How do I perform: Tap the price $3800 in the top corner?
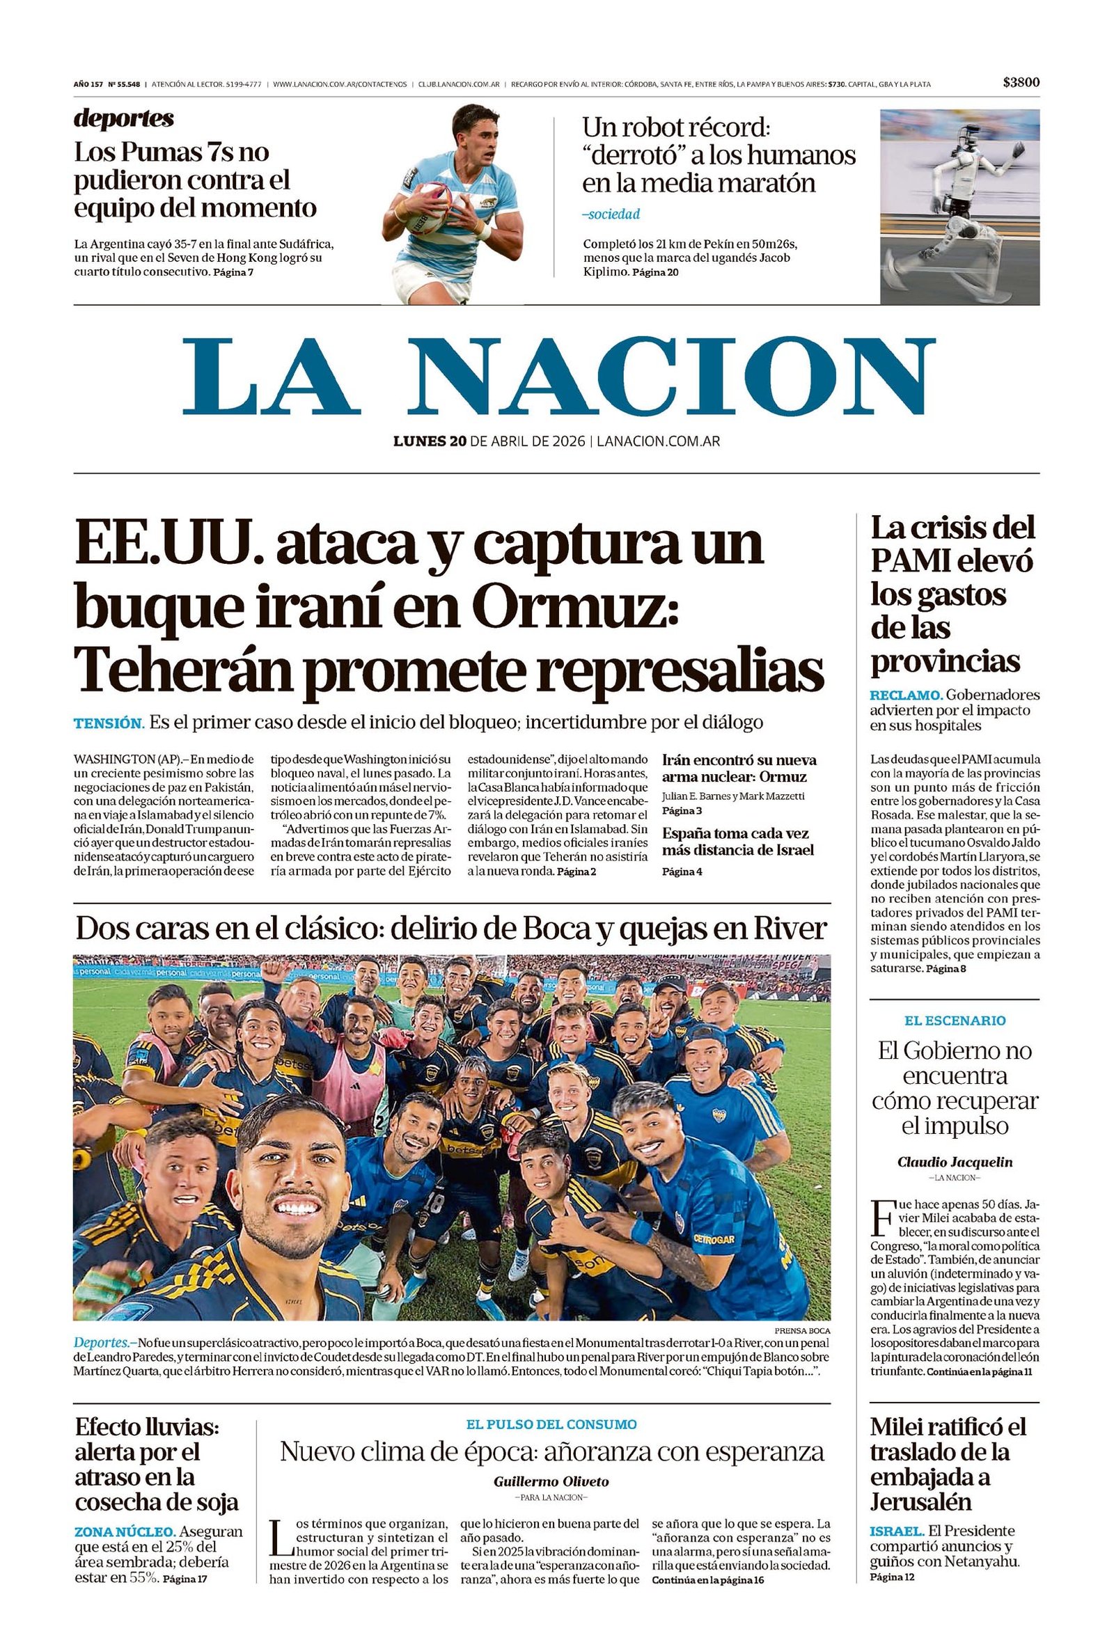pyautogui.click(x=1021, y=83)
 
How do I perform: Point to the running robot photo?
pyautogui.click(x=959, y=206)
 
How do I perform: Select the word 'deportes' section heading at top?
pyautogui.click(x=123, y=118)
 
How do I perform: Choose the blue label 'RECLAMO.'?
pyautogui.click(x=906, y=695)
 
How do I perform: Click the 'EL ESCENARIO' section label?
pyautogui.click(x=954, y=1020)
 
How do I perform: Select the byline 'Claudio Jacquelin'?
pyautogui.click(x=954, y=1162)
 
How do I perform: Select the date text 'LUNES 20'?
pyautogui.click(x=430, y=441)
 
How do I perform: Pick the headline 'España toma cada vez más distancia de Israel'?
pyautogui.click(x=737, y=841)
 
